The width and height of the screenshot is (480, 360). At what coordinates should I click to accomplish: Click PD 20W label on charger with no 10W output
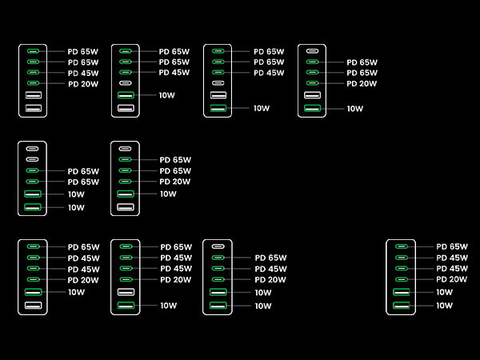tap(83, 84)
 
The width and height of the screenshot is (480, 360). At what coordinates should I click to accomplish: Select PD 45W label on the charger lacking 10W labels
tap(83, 73)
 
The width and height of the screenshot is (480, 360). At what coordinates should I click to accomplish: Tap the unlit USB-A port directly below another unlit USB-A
tap(34, 108)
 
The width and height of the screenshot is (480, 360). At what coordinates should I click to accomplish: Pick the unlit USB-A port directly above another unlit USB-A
tap(34, 95)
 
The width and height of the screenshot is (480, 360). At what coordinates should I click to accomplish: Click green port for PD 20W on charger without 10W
tap(33, 83)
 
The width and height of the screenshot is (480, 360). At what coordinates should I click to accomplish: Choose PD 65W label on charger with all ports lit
tap(452, 246)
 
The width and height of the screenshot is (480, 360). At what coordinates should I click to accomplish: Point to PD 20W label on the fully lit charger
tap(452, 279)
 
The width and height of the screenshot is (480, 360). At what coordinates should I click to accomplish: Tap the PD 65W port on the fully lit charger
tap(402, 246)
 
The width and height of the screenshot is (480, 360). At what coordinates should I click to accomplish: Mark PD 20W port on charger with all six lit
tap(402, 279)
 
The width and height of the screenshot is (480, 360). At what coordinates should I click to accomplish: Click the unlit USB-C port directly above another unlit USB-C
tap(32, 149)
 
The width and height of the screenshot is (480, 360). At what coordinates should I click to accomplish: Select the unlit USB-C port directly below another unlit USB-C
tap(32, 159)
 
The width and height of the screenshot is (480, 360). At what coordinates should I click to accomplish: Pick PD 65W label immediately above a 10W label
tap(83, 182)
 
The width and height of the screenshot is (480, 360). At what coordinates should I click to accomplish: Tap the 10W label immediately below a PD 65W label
tap(76, 194)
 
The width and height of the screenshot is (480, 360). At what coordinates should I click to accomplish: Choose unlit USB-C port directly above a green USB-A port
tap(125, 83)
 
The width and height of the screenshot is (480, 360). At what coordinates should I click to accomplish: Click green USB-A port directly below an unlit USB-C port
tap(126, 95)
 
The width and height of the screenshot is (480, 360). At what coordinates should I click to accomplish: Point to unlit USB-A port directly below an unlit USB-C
tap(218, 95)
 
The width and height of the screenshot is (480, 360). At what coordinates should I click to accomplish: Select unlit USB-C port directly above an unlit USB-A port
tap(218, 83)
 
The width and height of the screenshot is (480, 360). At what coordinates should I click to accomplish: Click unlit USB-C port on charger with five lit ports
tap(218, 246)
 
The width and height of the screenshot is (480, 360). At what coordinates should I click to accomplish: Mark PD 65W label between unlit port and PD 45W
tap(270, 258)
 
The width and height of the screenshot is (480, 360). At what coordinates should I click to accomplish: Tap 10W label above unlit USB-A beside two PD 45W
tap(76, 292)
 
